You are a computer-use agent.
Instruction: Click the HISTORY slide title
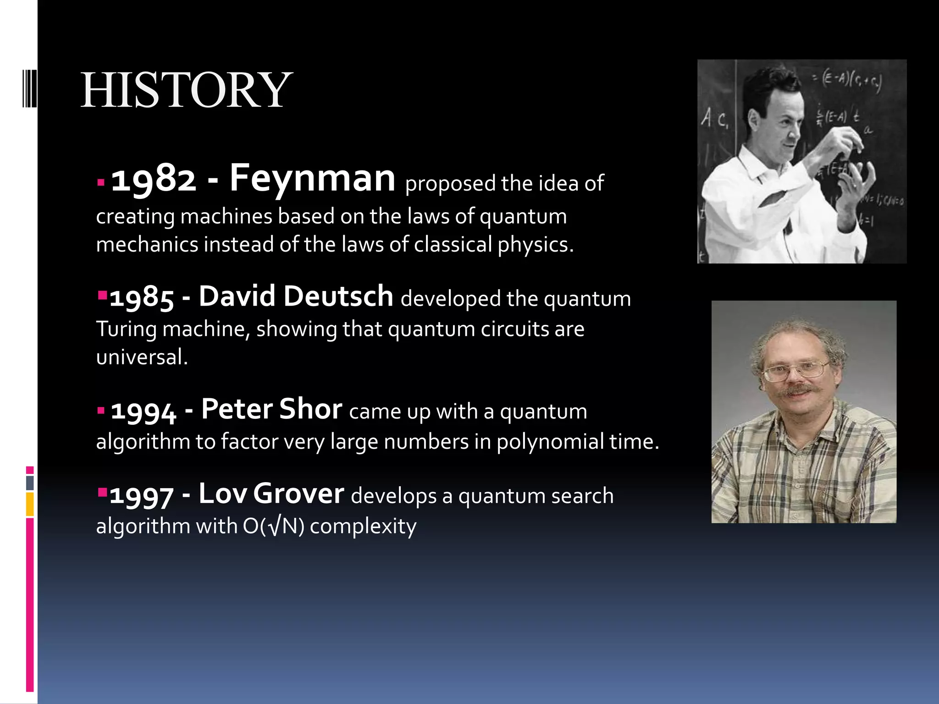186,90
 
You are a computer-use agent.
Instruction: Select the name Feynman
312,179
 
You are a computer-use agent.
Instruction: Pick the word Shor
310,409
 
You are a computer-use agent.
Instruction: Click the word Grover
298,494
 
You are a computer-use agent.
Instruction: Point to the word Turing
126,330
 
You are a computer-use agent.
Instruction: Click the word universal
142,357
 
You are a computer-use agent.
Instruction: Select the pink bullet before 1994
101,410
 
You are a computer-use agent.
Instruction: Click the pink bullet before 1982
101,183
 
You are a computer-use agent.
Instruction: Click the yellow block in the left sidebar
30,504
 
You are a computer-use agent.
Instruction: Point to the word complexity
363,526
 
